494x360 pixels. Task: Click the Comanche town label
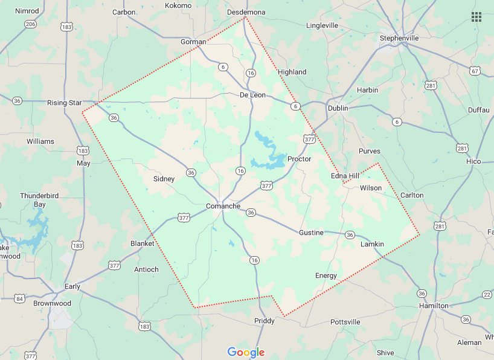(223, 206)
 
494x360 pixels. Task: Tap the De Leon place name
(252, 95)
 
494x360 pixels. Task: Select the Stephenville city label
(399, 38)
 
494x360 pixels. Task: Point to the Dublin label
(338, 108)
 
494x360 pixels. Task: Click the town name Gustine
(311, 233)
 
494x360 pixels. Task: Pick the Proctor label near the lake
(299, 159)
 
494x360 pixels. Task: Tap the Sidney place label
(164, 179)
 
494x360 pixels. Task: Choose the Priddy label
(265, 321)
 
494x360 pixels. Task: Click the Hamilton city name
(434, 306)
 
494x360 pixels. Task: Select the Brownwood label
(52, 303)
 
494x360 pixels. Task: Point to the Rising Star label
(64, 103)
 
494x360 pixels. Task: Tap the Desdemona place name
(246, 12)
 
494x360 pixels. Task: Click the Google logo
(246, 352)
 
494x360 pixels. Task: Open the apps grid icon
(476, 17)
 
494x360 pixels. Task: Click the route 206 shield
(30, 24)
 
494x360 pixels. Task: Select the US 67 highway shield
(475, 71)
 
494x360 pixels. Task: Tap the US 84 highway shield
(20, 298)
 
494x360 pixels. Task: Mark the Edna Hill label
(345, 175)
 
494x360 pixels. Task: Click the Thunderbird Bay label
(33, 200)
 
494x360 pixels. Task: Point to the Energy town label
(326, 275)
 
